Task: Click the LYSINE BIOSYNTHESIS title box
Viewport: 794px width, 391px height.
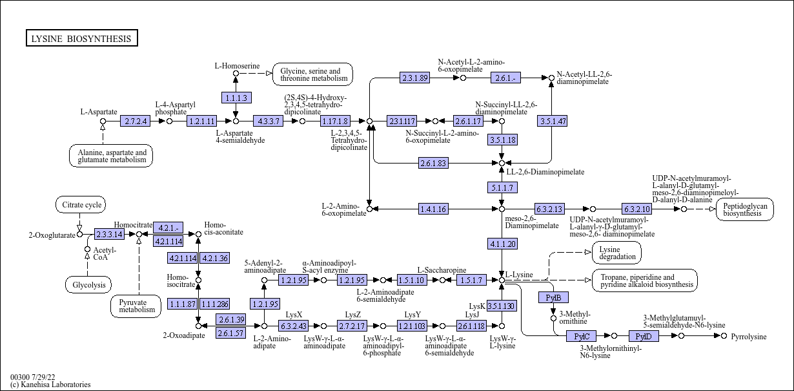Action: tap(81, 39)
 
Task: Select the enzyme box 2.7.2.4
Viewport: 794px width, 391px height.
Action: tap(136, 121)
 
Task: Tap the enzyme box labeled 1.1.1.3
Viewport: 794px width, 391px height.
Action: tap(236, 98)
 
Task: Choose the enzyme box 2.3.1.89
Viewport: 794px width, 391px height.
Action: tap(415, 78)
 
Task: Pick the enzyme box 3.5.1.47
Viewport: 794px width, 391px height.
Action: tap(552, 121)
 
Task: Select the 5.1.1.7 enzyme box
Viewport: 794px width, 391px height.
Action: tap(502, 187)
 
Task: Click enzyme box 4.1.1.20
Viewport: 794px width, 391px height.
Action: tap(502, 244)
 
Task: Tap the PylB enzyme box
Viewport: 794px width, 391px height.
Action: tap(553, 297)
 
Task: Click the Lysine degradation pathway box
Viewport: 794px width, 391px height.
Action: tap(616, 253)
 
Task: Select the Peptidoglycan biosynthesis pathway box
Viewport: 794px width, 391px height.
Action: tap(744, 209)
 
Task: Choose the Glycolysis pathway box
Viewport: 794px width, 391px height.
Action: tap(88, 284)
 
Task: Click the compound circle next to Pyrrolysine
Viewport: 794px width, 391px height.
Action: tap(724, 336)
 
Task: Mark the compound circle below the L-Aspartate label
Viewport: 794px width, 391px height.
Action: tap(103, 121)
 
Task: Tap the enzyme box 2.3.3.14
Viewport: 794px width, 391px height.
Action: tap(109, 234)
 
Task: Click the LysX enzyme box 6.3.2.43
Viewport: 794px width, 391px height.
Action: tap(294, 326)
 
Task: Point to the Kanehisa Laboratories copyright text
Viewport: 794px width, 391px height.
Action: tap(50, 385)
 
